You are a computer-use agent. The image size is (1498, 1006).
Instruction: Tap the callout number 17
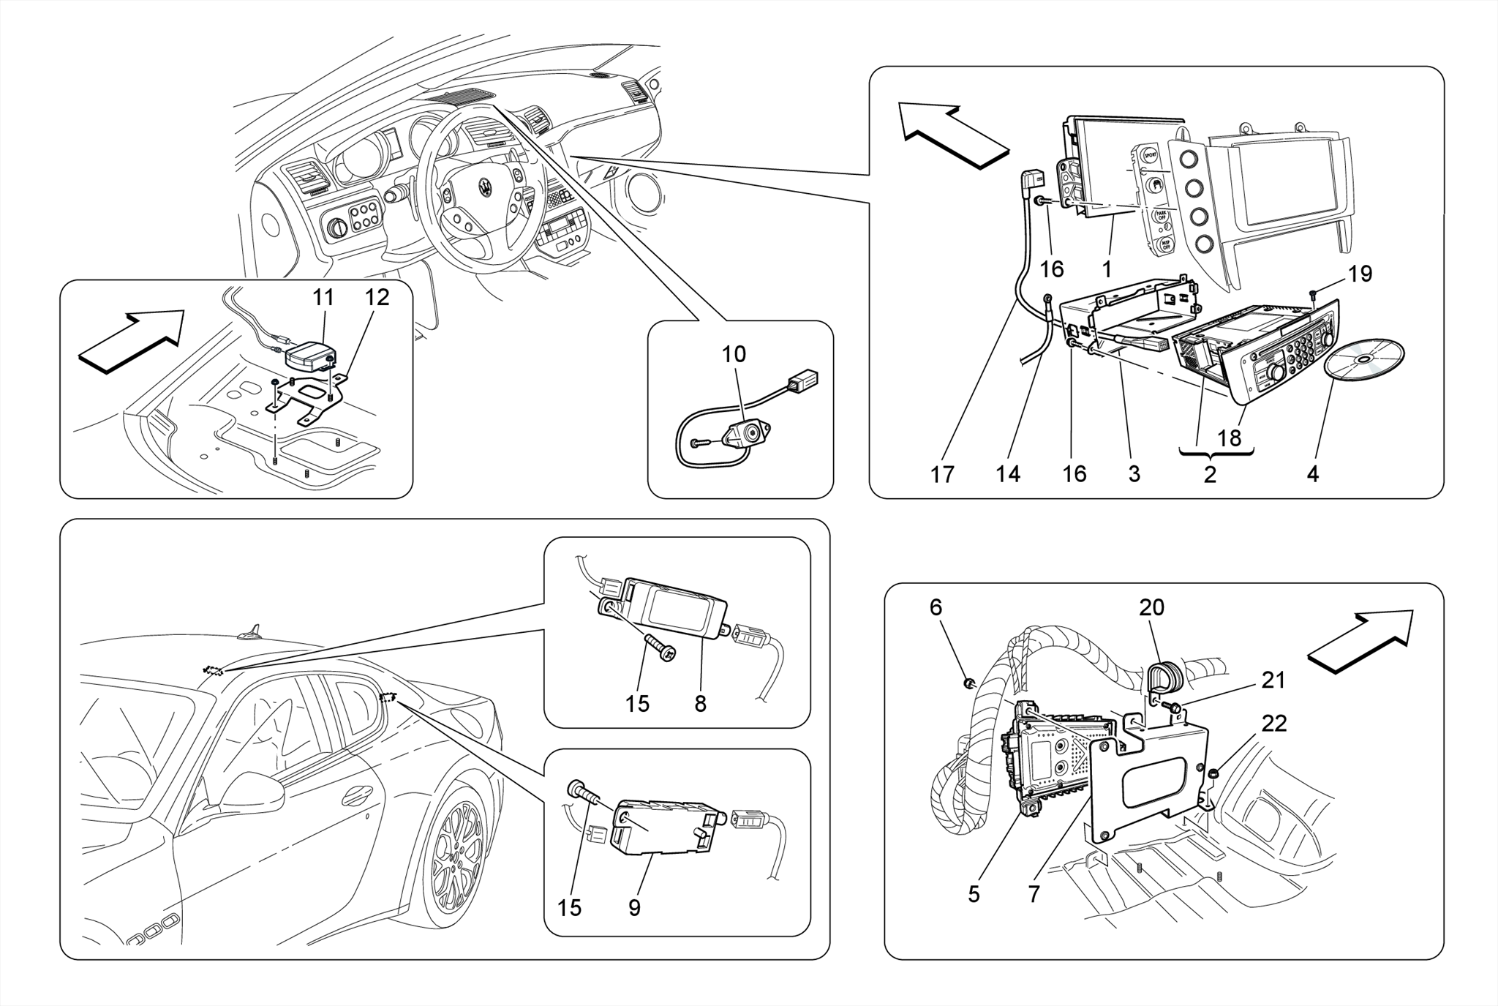[x=942, y=475]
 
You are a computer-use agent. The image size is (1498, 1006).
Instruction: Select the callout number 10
[x=734, y=354]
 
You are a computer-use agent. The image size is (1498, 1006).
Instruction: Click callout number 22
[x=1274, y=724]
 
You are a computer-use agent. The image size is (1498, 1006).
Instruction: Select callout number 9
[x=634, y=908]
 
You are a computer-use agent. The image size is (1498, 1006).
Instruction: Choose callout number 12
[x=377, y=297]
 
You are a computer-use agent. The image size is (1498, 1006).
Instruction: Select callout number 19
[x=1360, y=274]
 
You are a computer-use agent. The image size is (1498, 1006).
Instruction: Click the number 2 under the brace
[x=1211, y=474]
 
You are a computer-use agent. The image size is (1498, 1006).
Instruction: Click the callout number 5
[x=974, y=894]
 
